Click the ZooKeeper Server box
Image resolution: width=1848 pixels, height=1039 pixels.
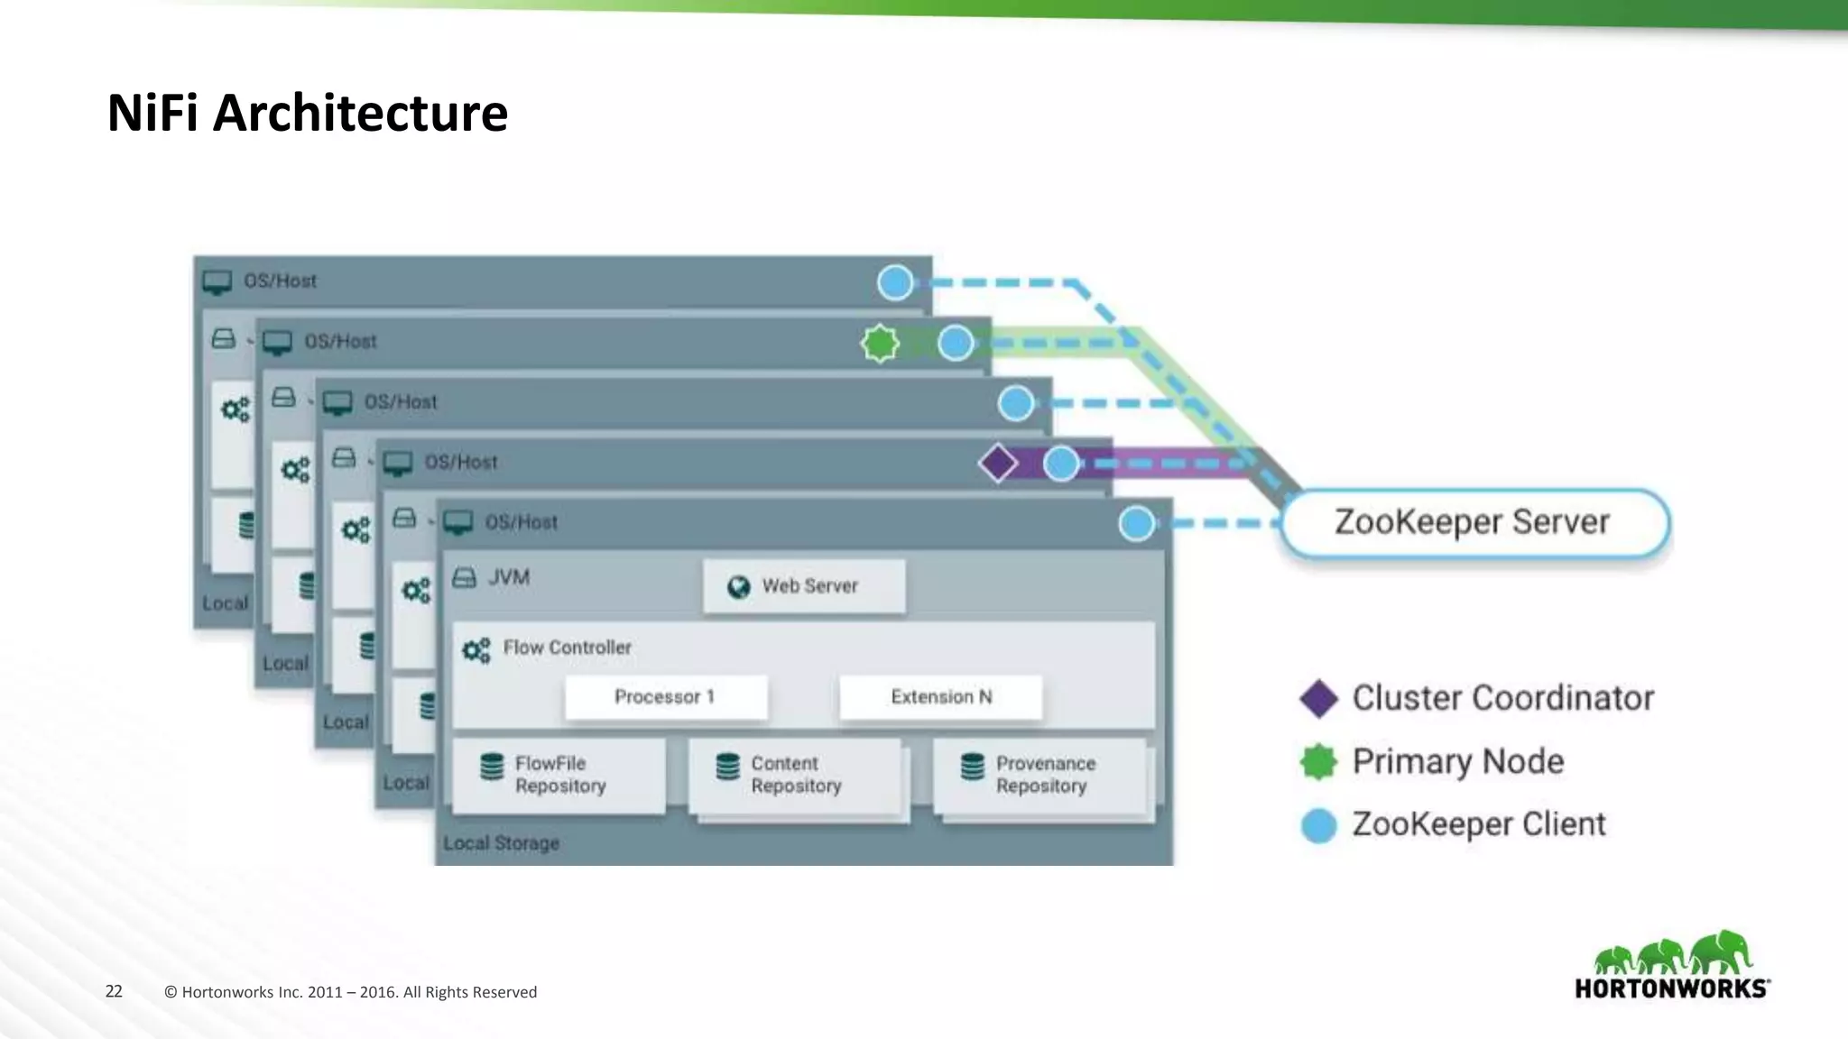click(x=1474, y=523)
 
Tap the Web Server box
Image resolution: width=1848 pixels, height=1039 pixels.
click(x=804, y=586)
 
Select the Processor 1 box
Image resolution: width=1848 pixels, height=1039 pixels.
click(x=666, y=697)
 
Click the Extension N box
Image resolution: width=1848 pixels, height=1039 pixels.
click(x=941, y=697)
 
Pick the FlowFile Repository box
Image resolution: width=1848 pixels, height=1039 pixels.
click(x=559, y=776)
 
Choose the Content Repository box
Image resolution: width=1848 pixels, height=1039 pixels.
click(x=795, y=776)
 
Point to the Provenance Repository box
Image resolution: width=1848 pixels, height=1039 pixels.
click(x=1040, y=776)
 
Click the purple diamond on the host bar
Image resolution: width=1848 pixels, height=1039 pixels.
click(x=998, y=464)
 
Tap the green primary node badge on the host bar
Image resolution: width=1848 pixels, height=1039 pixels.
click(x=880, y=343)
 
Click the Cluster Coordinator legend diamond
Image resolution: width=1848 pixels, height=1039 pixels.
click(x=1318, y=699)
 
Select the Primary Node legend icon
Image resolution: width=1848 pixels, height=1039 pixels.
click(x=1318, y=762)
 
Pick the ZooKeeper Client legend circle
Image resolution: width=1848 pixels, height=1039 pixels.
click(x=1318, y=825)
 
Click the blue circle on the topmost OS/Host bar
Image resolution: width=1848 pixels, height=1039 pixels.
click(x=895, y=282)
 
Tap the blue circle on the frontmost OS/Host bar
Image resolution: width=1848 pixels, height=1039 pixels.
click(x=1136, y=523)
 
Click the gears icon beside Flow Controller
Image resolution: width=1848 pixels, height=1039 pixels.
click(x=476, y=649)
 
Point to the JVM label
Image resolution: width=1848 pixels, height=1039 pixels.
click(x=508, y=577)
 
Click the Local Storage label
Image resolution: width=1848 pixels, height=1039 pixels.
click(x=502, y=843)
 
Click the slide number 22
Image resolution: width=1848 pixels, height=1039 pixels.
click(x=114, y=991)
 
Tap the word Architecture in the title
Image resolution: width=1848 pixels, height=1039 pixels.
click(x=360, y=114)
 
